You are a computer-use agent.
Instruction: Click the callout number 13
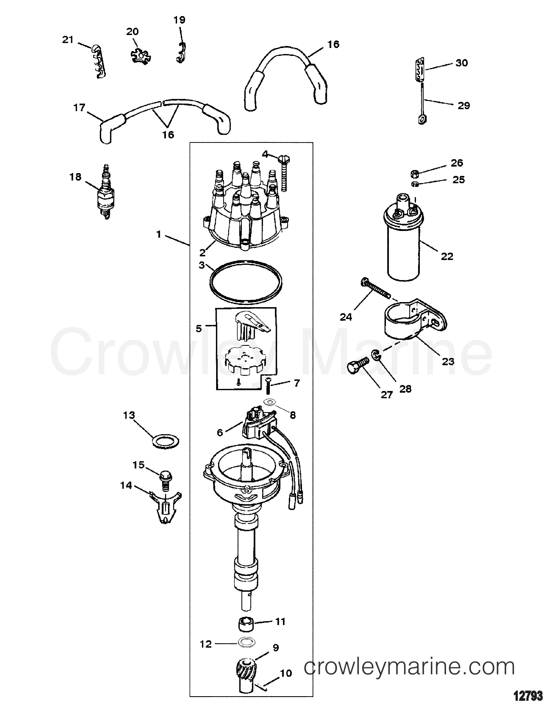129,415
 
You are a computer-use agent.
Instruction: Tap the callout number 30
462,63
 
